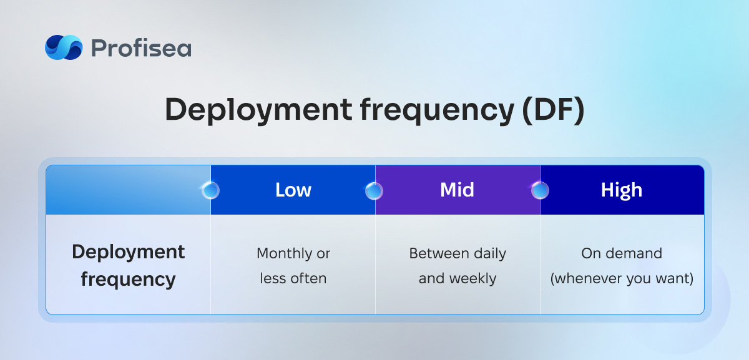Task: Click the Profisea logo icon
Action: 64,47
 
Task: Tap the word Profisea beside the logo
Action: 141,48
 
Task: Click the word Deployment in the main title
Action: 258,111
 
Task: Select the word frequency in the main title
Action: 437,111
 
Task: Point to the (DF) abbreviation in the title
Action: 554,110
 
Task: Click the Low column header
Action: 293,190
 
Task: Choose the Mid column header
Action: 457,190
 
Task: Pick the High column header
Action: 622,190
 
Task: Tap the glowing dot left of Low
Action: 211,190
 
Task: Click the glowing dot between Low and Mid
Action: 374,190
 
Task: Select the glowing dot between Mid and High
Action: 540,190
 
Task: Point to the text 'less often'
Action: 293,278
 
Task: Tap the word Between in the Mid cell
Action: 432,253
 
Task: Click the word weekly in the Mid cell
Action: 473,279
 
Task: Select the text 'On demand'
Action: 622,253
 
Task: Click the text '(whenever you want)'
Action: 622,279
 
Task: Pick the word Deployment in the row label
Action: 128,252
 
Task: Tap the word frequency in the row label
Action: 128,280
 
